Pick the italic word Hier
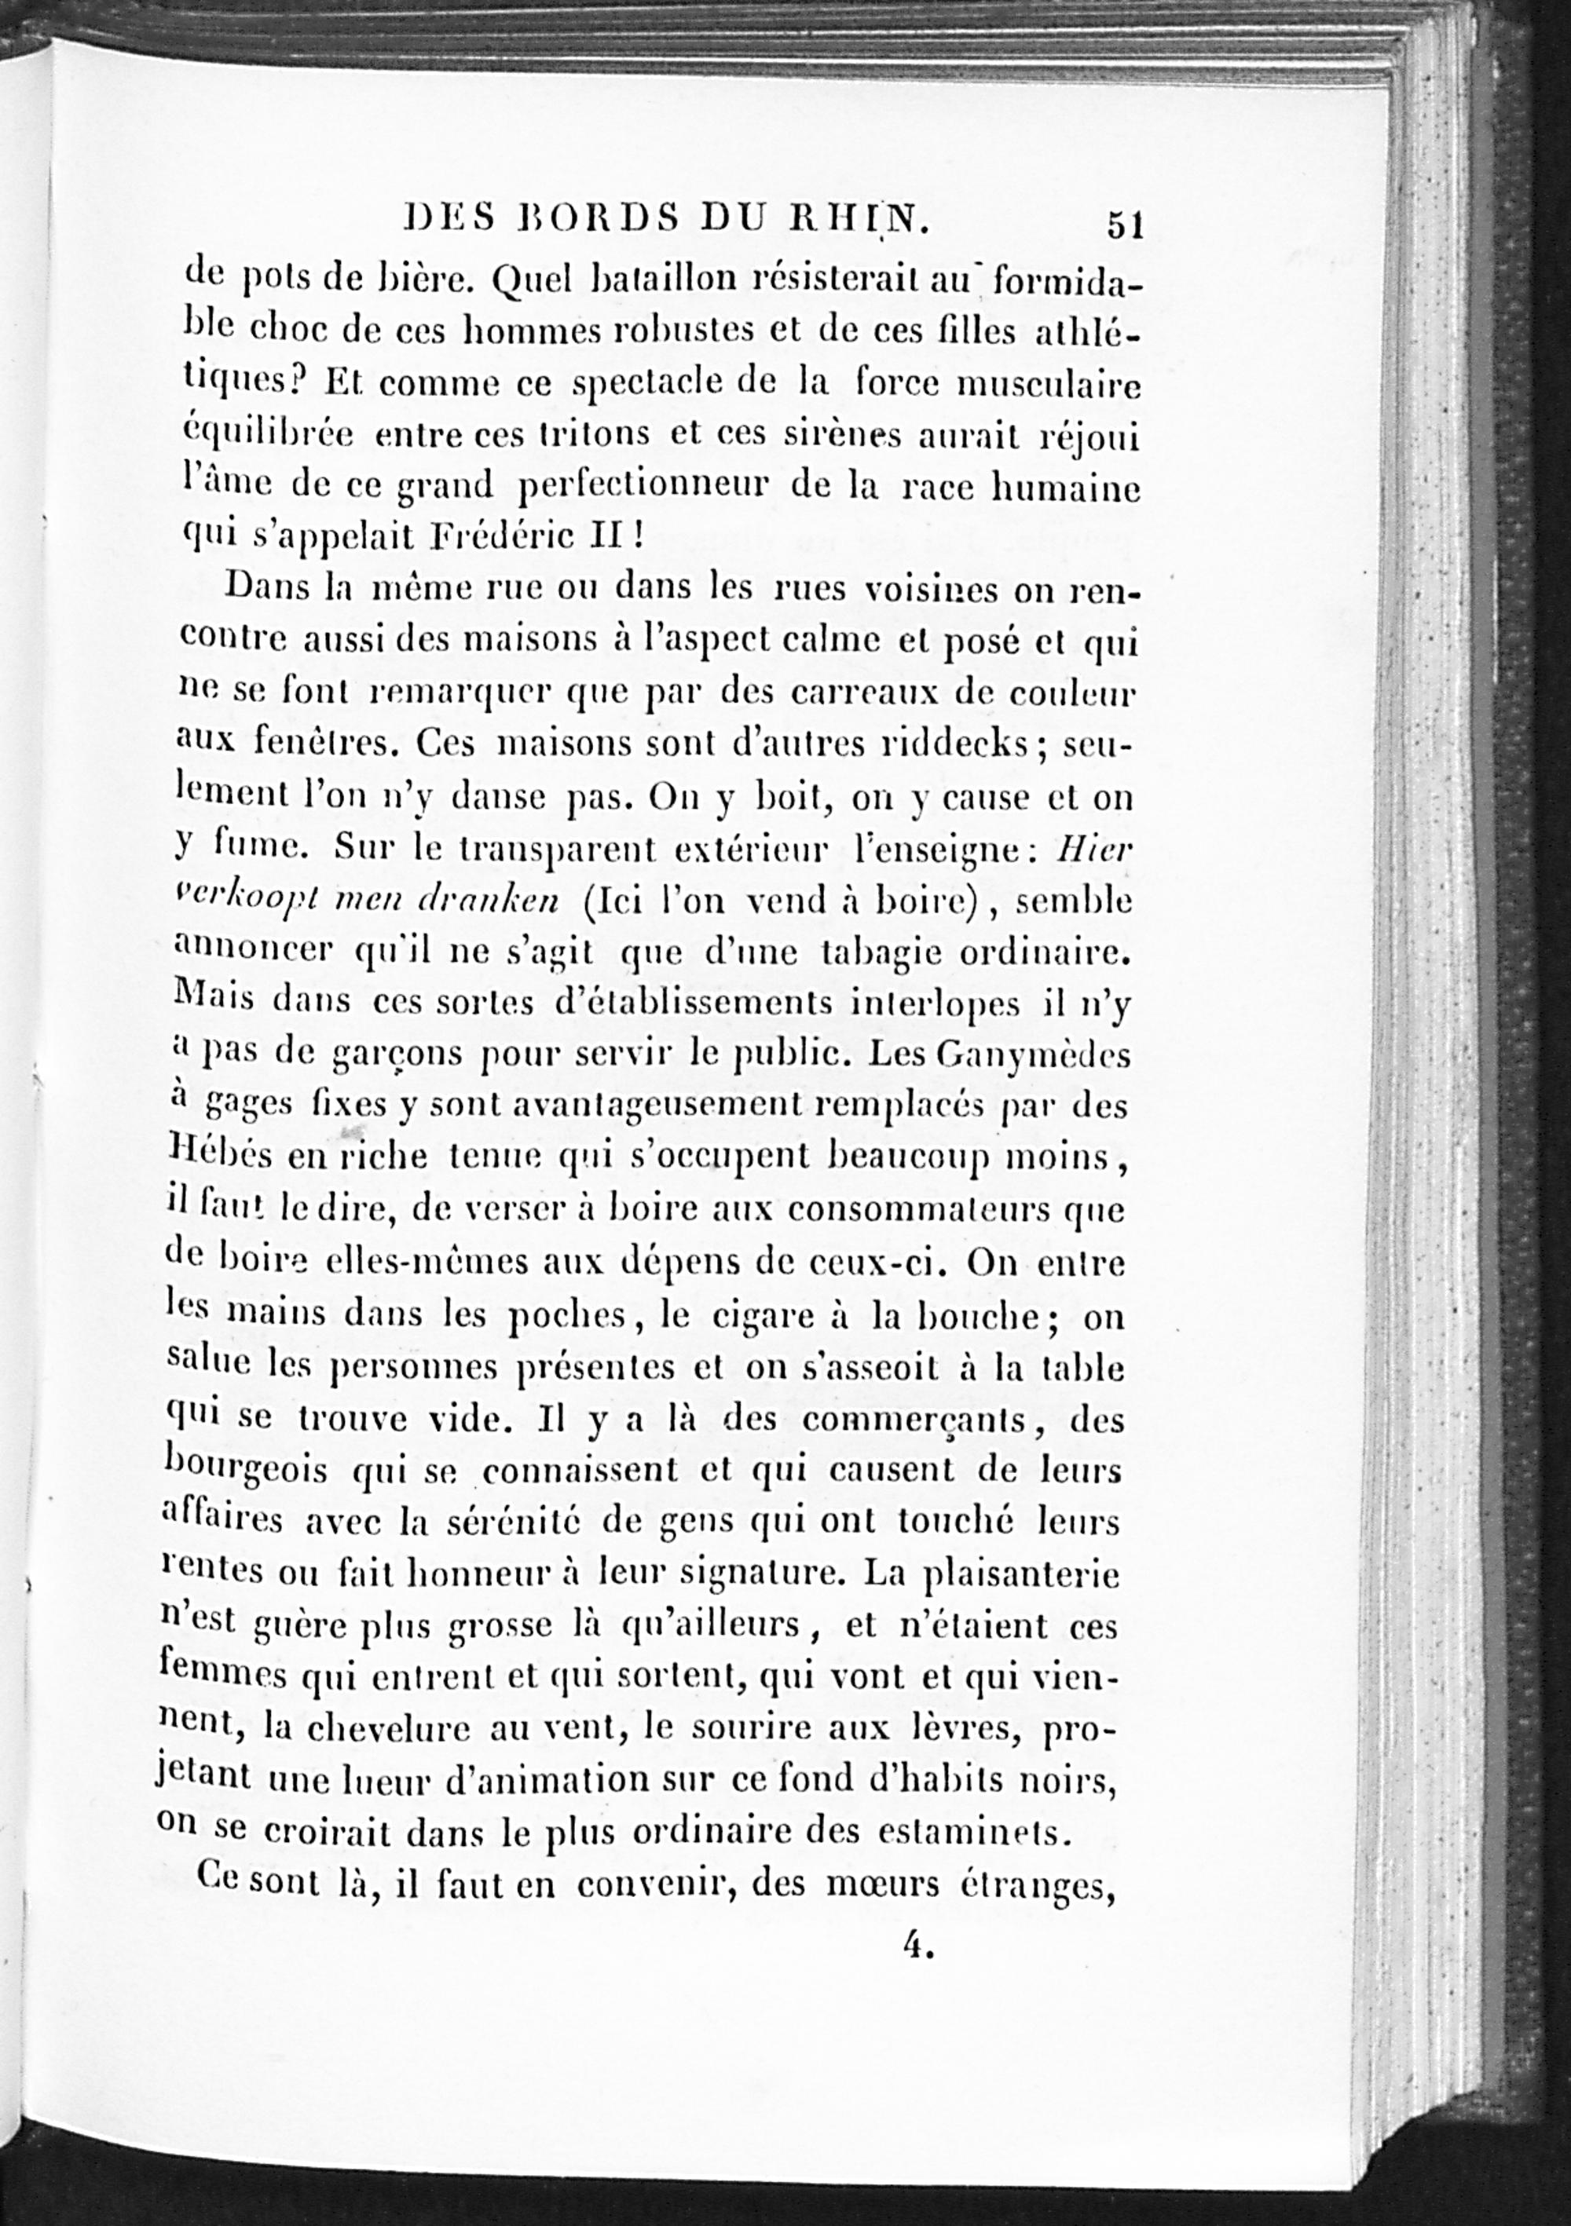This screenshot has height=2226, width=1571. (1093, 850)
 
